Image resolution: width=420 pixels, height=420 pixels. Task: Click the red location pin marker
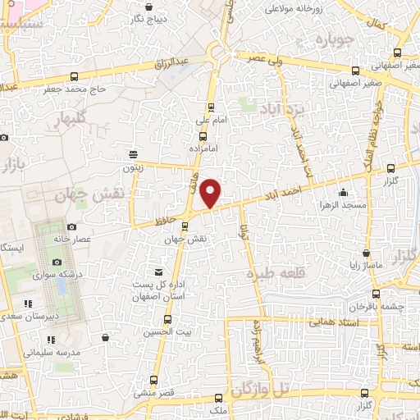pyautogui.click(x=212, y=192)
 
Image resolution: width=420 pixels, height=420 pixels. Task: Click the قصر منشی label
pyautogui.click(x=155, y=394)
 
